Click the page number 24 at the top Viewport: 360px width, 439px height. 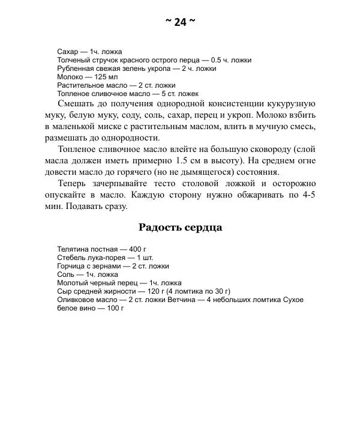coord(180,22)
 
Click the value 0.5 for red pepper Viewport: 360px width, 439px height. coord(217,60)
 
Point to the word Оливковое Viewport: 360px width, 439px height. coord(75,299)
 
